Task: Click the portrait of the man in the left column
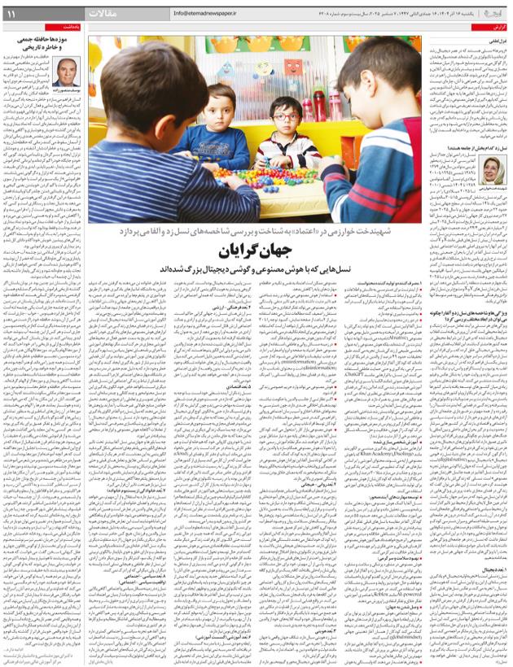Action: (x=68, y=73)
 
